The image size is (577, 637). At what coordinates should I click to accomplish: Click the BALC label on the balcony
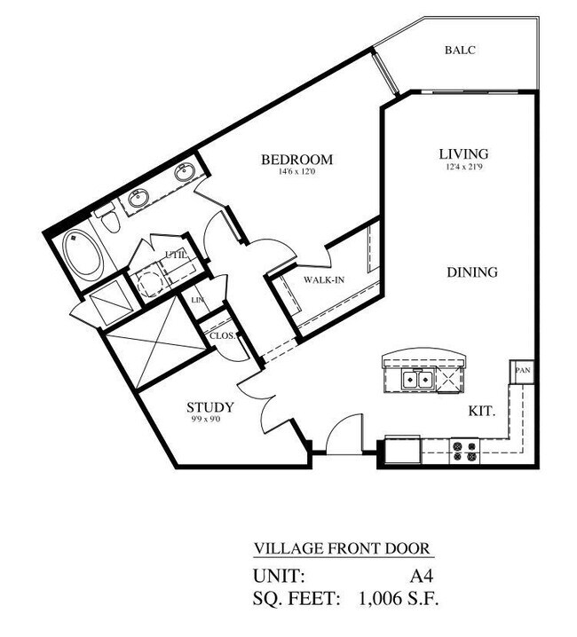point(461,51)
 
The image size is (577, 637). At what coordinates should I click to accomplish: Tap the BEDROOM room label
point(296,160)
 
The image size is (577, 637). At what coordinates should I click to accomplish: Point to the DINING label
point(471,272)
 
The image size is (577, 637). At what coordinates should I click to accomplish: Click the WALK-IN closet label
point(325,280)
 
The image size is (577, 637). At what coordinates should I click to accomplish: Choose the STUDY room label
point(210,408)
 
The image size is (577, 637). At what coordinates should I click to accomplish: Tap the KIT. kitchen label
point(481,411)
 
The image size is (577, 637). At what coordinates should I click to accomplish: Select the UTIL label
point(175,256)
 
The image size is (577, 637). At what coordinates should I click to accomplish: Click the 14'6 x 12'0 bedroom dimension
point(296,172)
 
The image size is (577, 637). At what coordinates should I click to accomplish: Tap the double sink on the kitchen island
point(415,380)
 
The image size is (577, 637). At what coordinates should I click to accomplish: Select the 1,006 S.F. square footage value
point(398,599)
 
